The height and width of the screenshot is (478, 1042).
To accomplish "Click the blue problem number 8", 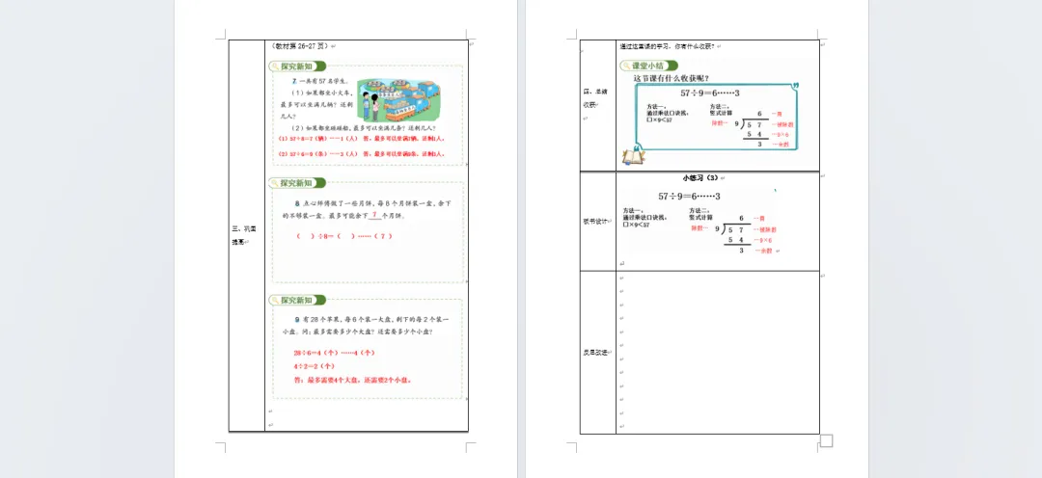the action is point(297,204).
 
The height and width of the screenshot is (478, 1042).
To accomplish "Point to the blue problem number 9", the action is point(297,318).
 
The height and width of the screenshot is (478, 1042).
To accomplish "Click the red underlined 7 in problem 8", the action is point(372,216).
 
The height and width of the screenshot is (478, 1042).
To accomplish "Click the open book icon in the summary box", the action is point(633,155).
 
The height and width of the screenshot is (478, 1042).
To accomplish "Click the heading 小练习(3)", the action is point(700,178).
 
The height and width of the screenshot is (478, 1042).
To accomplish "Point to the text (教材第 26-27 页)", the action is point(300,45).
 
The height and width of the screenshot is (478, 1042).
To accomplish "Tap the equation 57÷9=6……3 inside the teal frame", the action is point(710,93).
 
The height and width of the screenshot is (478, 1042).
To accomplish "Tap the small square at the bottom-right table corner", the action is point(826,441).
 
